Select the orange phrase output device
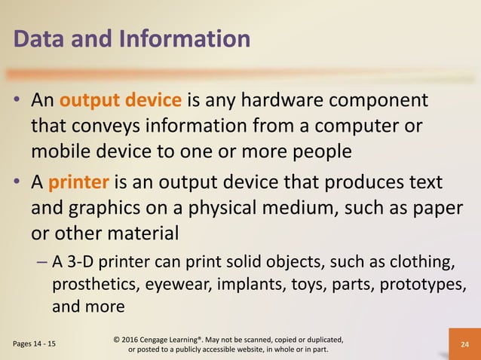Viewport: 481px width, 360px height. coord(120,101)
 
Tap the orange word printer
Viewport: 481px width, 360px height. coord(80,183)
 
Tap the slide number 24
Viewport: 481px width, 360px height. coord(462,344)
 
